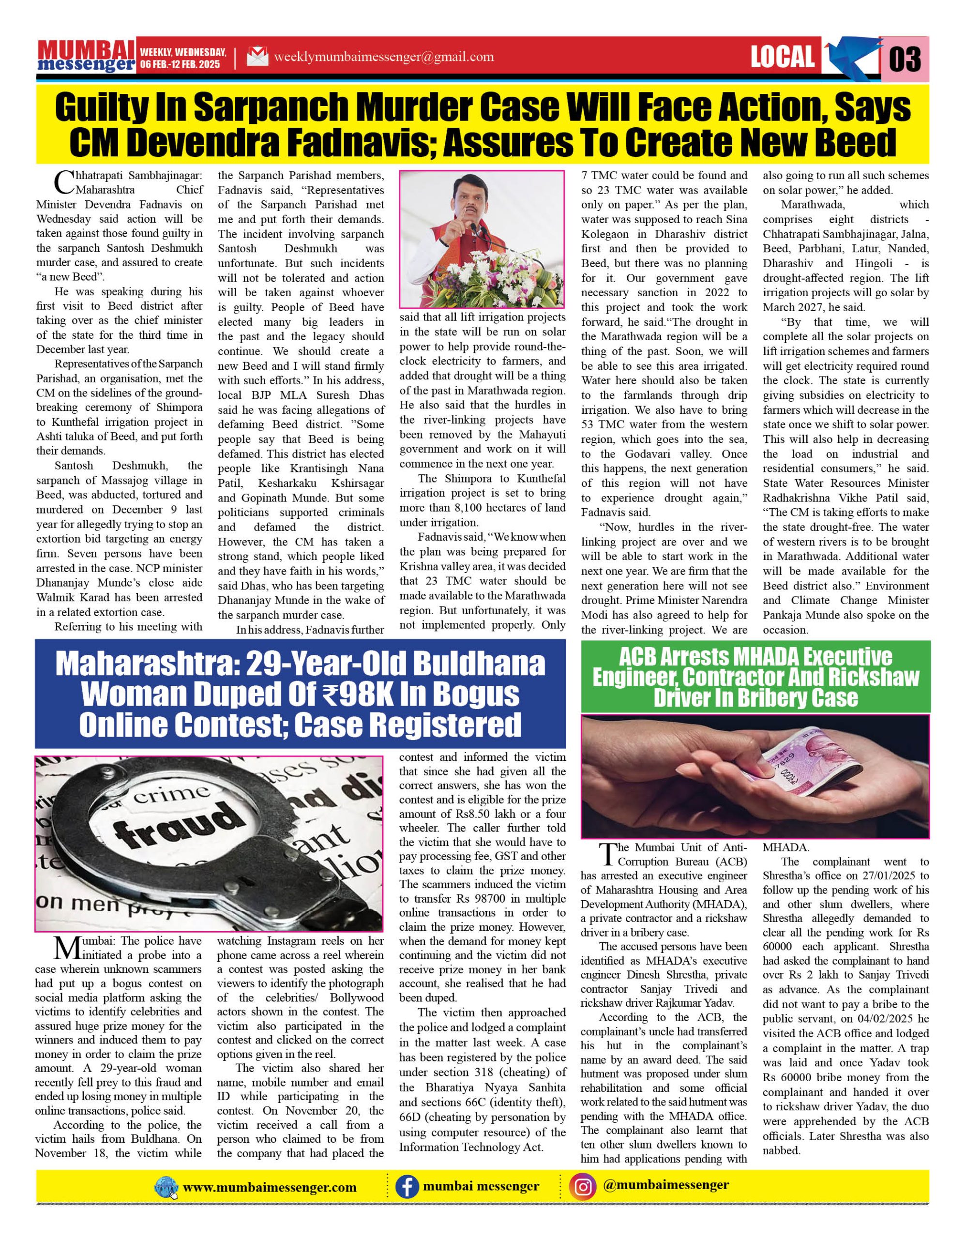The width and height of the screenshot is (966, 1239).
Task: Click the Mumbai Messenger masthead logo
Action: [86, 57]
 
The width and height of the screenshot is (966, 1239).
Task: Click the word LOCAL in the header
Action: [782, 57]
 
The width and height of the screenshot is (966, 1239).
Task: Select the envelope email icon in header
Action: [257, 57]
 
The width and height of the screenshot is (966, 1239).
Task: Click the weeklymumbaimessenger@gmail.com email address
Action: [383, 57]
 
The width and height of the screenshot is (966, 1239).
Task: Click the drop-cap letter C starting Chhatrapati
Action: [64, 182]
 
